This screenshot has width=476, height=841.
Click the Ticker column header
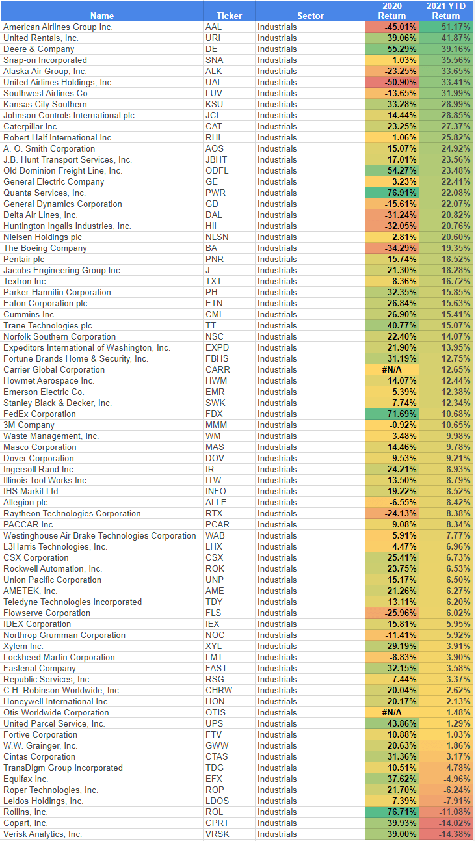point(228,16)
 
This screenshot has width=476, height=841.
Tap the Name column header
point(101,16)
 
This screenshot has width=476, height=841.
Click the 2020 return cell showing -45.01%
point(392,27)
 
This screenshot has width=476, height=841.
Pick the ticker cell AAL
point(213,27)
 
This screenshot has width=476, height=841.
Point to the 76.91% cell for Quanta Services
point(392,193)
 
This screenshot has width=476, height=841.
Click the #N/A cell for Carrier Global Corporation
point(392,370)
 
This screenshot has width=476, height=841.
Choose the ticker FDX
point(213,414)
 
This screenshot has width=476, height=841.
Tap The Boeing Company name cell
point(45,248)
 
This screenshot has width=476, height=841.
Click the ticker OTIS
point(216,713)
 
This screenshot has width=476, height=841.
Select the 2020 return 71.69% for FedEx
point(392,414)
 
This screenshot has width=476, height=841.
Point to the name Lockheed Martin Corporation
point(59,658)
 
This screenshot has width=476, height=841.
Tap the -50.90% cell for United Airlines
point(392,83)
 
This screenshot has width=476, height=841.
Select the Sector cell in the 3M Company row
point(277,425)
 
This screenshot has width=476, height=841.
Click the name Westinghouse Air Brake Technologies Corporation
point(99,536)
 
